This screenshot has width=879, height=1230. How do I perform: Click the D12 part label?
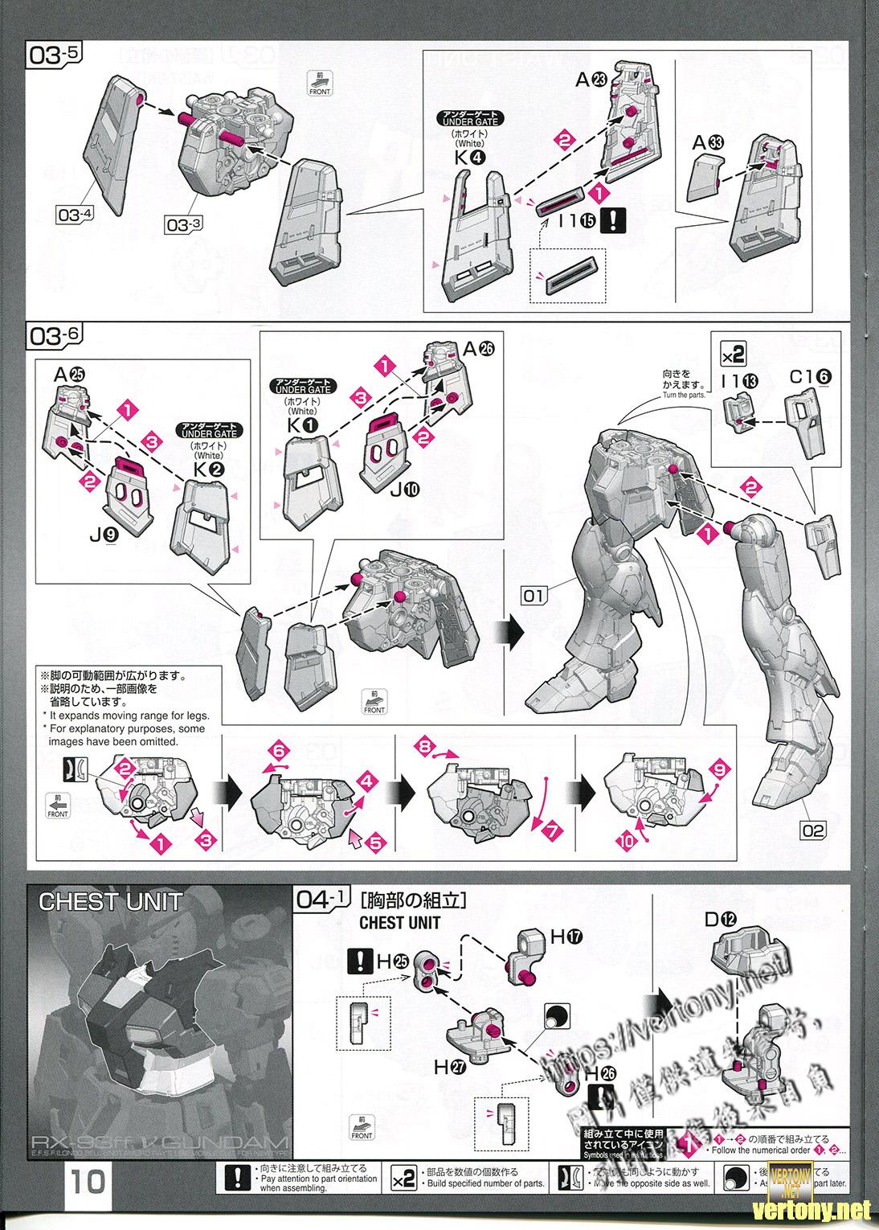click(x=722, y=919)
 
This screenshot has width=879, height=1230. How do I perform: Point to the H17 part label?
click(x=566, y=937)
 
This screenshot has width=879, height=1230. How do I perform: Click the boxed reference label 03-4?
click(x=76, y=213)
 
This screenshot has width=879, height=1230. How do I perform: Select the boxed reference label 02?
click(x=813, y=830)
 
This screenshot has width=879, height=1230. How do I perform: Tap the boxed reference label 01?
click(x=533, y=596)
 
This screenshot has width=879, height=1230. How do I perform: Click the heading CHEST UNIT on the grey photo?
click(x=110, y=901)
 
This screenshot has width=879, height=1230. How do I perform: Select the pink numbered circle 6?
click(x=278, y=751)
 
